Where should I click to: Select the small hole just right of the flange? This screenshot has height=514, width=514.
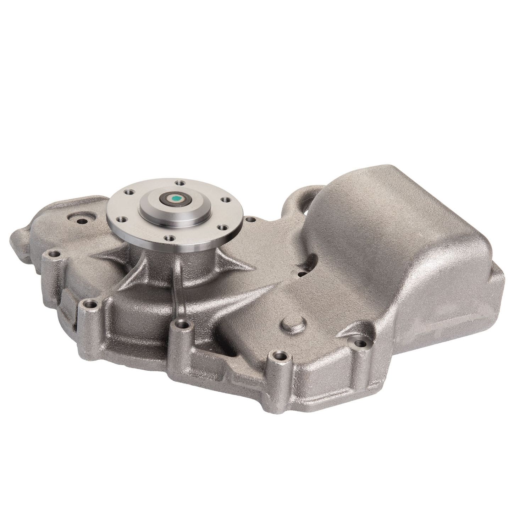tap(250, 220)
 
